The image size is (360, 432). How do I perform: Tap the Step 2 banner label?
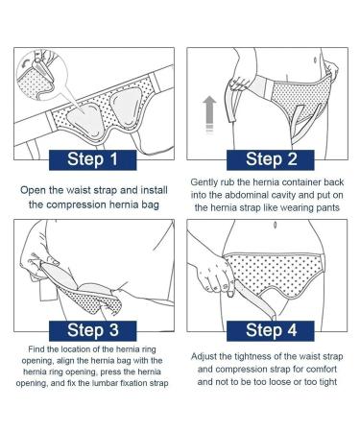(x=268, y=158)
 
